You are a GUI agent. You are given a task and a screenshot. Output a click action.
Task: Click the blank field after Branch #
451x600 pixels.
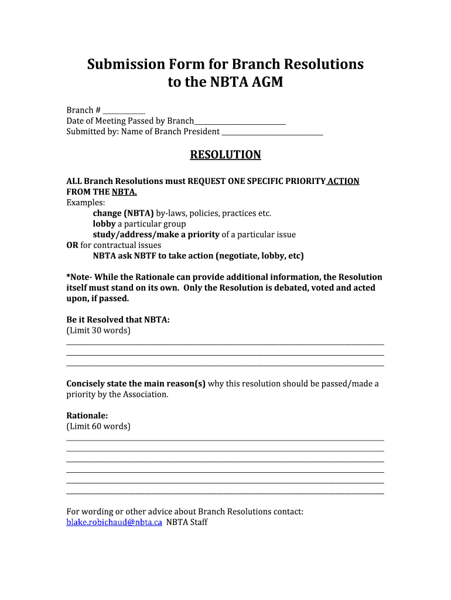(x=124, y=111)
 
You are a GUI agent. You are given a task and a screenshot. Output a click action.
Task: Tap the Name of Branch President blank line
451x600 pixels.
(x=272, y=132)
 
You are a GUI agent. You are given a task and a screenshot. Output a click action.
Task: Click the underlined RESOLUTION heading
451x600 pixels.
(x=225, y=155)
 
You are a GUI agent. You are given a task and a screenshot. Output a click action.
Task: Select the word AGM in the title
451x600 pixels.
(x=260, y=83)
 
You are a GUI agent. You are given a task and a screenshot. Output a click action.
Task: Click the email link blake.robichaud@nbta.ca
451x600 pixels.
(x=114, y=522)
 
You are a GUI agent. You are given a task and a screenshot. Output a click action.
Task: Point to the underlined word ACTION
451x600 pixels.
(x=343, y=181)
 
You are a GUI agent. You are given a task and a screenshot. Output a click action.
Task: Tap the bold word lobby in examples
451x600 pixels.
(x=104, y=224)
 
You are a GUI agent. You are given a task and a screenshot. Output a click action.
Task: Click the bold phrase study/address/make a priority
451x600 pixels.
(x=156, y=234)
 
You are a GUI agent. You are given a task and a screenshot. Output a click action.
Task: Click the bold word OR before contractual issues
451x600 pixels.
(x=72, y=245)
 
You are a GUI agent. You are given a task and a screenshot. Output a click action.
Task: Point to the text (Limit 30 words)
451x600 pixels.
(x=98, y=330)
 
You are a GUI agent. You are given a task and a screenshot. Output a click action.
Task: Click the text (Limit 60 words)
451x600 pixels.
(x=98, y=426)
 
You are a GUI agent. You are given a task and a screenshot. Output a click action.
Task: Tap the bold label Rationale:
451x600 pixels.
(x=87, y=415)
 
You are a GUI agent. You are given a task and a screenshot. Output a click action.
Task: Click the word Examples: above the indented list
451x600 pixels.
(x=86, y=202)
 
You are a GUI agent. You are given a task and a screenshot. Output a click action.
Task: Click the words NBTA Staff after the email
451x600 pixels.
(x=187, y=522)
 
